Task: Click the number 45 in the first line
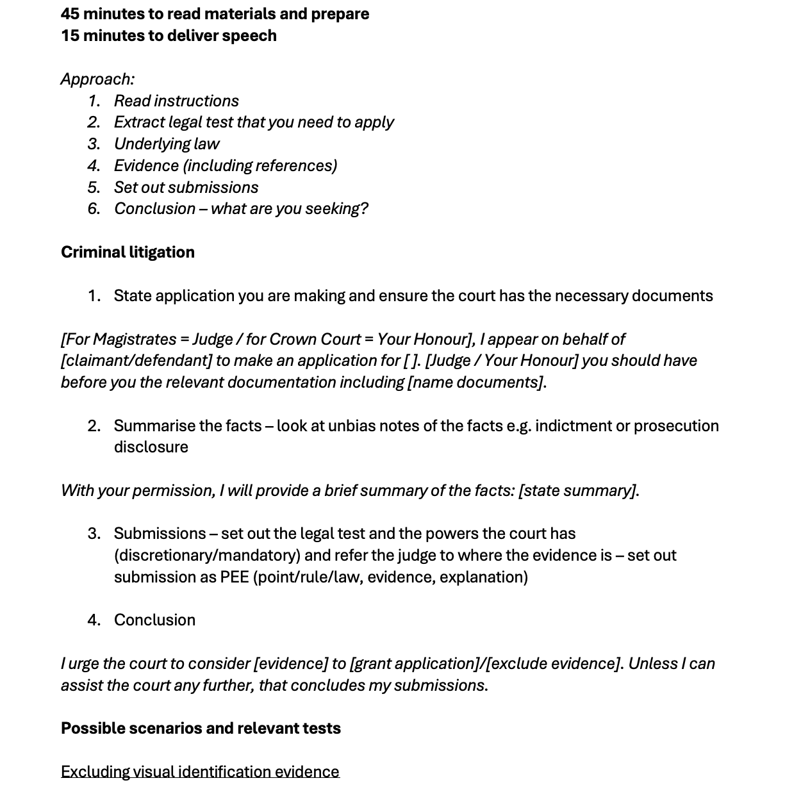point(70,13)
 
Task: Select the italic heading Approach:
point(97,79)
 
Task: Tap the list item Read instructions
point(176,101)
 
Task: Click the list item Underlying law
point(167,144)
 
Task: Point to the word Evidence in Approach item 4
point(146,165)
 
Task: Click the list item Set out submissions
point(186,187)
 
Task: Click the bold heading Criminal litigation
point(128,252)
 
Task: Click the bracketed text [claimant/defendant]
point(136,360)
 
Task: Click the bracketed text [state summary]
point(578,490)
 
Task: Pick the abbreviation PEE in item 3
point(235,577)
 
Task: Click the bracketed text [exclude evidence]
point(554,663)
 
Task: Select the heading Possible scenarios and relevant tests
point(201,728)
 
